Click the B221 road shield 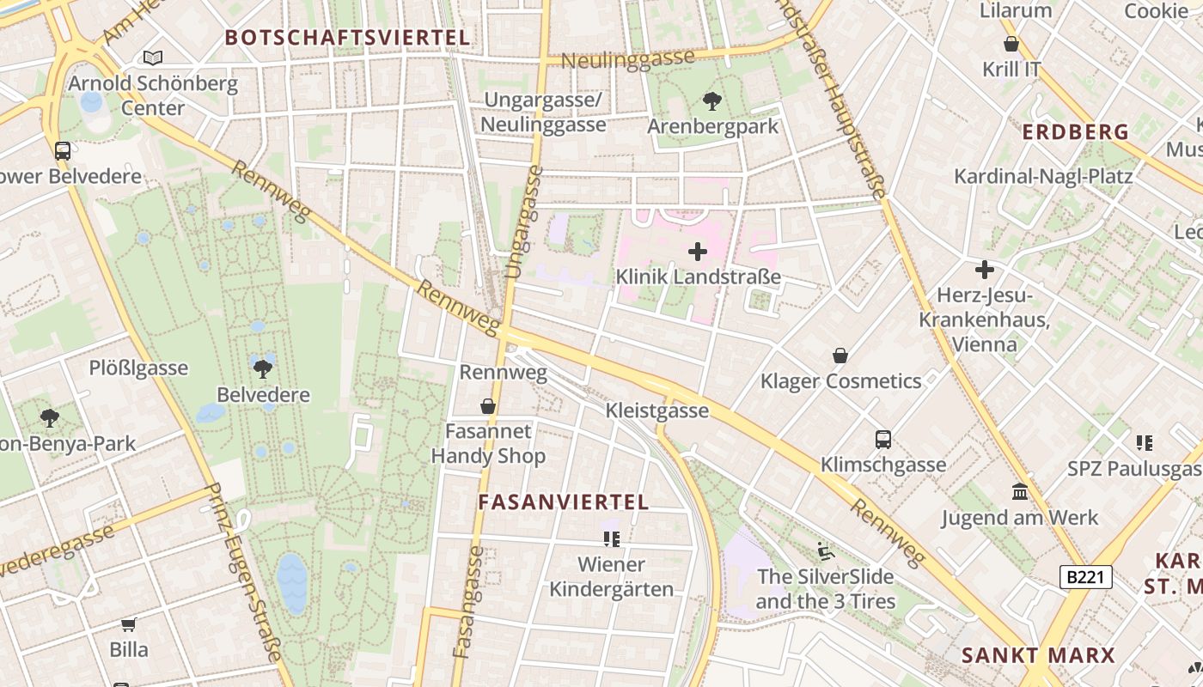click(1085, 577)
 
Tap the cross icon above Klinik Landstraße click(698, 252)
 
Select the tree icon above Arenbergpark click(711, 101)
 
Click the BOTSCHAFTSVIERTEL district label click(347, 38)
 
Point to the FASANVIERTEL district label click(563, 502)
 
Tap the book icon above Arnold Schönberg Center click(153, 58)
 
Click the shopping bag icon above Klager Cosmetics click(840, 356)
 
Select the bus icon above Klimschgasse click(882, 440)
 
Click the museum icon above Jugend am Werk click(1020, 492)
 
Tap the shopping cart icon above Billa click(129, 624)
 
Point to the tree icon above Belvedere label click(263, 369)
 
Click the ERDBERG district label click(1075, 132)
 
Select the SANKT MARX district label click(1037, 656)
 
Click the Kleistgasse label click(657, 410)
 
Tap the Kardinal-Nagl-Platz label click(1043, 177)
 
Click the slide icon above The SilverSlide click(825, 550)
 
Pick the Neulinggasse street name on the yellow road click(627, 59)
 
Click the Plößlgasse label click(138, 368)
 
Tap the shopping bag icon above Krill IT click(1011, 43)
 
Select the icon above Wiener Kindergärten click(611, 539)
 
